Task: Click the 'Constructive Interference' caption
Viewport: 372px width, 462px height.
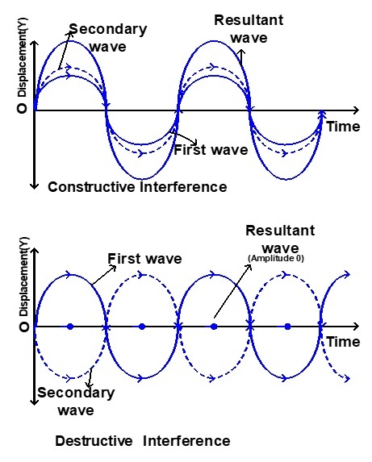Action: pos(137,187)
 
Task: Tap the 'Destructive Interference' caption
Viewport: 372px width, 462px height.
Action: pos(143,441)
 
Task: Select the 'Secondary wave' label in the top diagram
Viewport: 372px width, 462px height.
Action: pos(108,38)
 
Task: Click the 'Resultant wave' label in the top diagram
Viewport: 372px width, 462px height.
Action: pos(249,29)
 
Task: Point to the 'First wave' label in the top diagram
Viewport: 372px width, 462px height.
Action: pos(211,150)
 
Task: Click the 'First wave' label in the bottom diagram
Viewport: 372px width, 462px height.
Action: pos(144,258)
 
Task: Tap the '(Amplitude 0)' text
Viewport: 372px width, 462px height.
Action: pos(276,258)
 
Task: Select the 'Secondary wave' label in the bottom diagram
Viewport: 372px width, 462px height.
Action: pos(76,402)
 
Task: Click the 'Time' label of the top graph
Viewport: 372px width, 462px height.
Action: pos(344,127)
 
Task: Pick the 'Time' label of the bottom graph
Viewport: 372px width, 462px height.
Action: pos(344,342)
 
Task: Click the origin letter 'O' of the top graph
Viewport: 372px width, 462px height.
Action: pos(23,108)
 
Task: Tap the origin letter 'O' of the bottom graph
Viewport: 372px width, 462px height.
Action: pos(23,327)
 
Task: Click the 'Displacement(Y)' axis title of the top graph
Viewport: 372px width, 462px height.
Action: pos(23,57)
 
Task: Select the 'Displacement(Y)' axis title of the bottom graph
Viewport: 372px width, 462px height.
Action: pos(23,277)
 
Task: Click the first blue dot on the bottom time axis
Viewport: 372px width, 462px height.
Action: pos(70,327)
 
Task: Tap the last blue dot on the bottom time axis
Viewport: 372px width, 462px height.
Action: pos(288,327)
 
